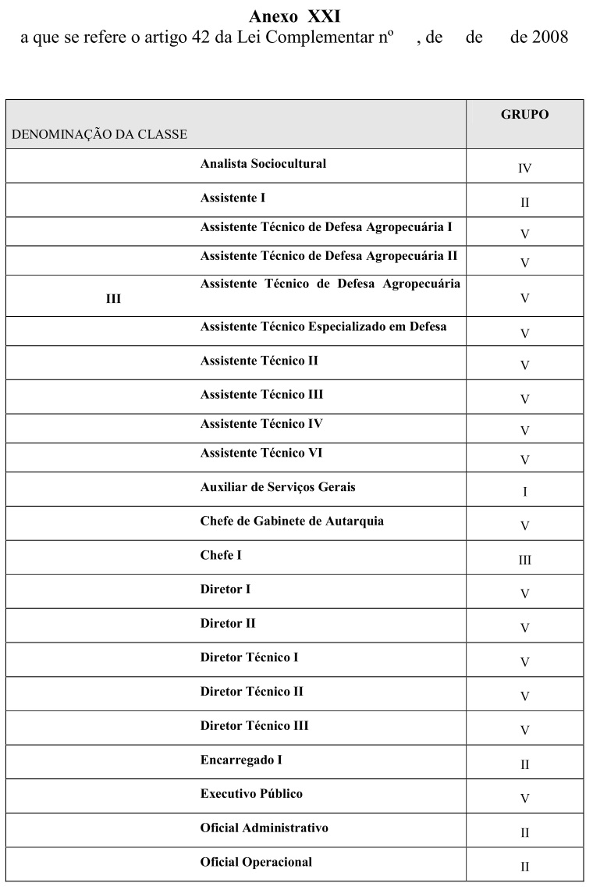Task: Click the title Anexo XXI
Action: [295, 16]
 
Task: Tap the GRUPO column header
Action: [524, 115]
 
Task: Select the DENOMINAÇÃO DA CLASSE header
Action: [99, 134]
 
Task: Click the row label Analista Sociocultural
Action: [263, 164]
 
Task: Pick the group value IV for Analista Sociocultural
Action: [524, 169]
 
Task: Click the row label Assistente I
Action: [233, 198]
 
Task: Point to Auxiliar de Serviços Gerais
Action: [278, 487]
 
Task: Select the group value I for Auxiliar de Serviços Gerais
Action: [524, 492]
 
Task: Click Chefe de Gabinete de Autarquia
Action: [292, 521]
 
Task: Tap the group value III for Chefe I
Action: [524, 561]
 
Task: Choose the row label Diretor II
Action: [228, 624]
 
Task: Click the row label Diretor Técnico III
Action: [254, 726]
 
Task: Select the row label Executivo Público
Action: [251, 794]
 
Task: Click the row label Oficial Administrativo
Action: [264, 828]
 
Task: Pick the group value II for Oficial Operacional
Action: [524, 867]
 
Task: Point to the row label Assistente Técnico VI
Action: [261, 453]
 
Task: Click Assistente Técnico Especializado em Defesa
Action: [323, 326]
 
